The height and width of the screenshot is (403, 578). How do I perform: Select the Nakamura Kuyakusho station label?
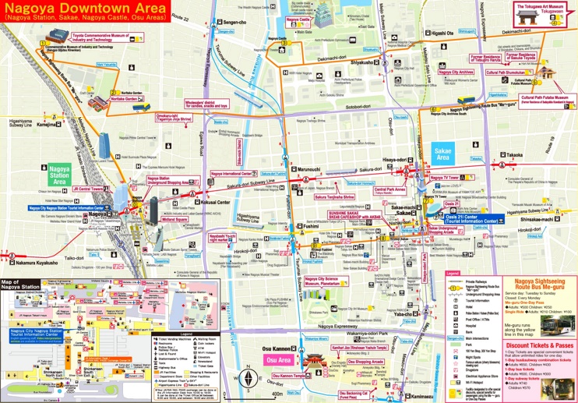[x=37, y=263]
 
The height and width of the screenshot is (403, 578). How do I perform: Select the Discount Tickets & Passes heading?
[x=539, y=345]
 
